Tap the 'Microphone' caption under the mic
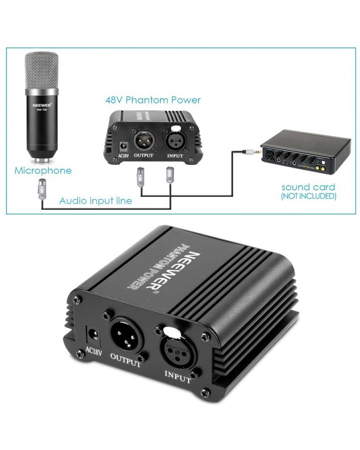tap(43, 171)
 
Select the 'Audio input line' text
tap(96, 201)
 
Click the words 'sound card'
tap(308, 187)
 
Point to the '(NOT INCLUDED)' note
tap(308, 196)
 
